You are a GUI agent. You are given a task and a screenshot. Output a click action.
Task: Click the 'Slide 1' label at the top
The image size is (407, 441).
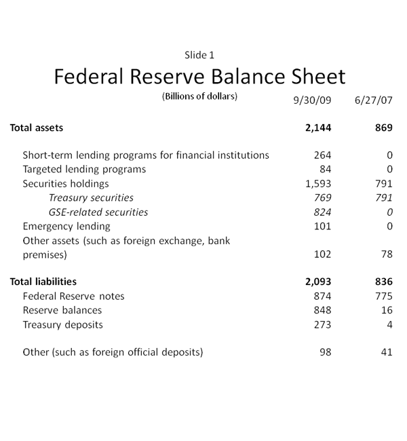[199, 55]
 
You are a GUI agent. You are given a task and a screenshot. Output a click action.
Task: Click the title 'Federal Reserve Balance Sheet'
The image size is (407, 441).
[199, 76]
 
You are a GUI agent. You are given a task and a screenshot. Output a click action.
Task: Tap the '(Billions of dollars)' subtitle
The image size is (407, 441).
[199, 96]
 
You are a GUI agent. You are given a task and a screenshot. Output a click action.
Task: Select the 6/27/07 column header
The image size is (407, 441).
[373, 100]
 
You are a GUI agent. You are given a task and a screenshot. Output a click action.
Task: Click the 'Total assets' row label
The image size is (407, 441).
[37, 128]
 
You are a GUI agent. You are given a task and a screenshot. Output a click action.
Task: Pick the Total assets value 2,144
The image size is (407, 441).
[318, 128]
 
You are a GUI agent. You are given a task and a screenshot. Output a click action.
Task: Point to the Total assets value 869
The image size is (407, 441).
[383, 128]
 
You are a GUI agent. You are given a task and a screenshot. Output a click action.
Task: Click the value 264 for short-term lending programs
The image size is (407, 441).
[322, 155]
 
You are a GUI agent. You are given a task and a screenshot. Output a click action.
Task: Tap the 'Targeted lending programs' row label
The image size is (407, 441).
[84, 169]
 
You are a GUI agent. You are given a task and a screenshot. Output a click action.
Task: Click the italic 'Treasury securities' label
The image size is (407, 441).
[91, 198]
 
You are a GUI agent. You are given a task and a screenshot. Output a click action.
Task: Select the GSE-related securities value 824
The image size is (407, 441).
[322, 212]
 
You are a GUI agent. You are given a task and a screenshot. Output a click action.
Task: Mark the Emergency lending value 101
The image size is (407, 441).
[322, 226]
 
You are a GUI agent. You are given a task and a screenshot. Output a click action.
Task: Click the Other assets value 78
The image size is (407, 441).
[386, 255]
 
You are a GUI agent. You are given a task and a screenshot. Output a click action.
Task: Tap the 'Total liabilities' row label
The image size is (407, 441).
[43, 282]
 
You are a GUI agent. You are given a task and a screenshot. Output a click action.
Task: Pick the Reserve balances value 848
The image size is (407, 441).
[322, 310]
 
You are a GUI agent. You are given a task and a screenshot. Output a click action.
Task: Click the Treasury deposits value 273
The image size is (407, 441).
[322, 324]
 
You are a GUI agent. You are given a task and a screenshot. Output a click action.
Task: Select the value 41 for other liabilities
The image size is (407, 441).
[387, 352]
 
